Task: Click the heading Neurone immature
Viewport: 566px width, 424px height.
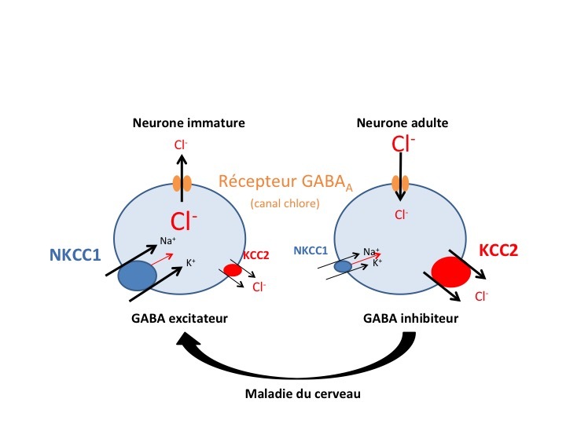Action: [189, 123]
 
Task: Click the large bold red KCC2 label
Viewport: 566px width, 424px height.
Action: [499, 252]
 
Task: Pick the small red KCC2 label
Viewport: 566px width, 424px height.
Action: [255, 256]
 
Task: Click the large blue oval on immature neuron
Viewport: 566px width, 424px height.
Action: [138, 275]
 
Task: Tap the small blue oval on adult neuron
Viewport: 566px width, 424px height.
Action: [343, 267]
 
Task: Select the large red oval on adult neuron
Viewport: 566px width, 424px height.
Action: [450, 271]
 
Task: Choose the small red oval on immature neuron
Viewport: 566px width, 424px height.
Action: [233, 270]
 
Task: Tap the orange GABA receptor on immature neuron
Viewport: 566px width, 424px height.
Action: [182, 185]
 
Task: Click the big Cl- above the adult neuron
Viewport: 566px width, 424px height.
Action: [402, 144]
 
